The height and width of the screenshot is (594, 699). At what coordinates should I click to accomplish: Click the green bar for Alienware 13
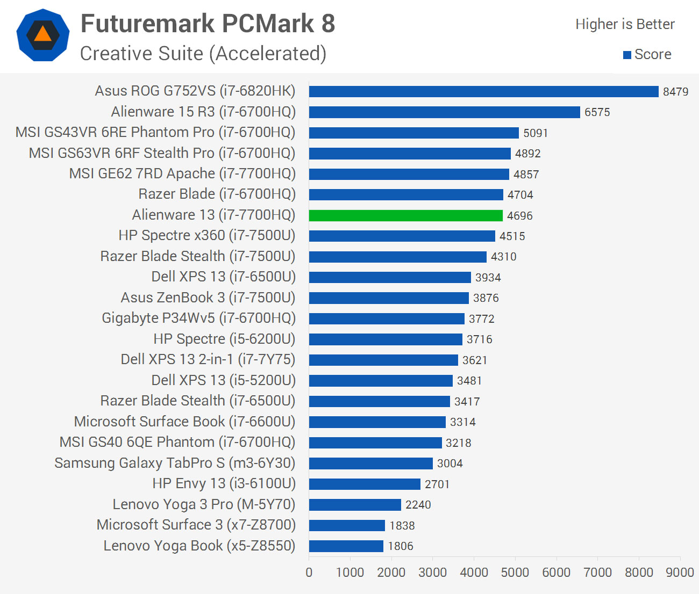(x=406, y=215)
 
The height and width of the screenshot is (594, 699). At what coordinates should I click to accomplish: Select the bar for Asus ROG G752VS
(x=483, y=91)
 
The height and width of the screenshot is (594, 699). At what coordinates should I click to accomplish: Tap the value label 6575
(x=597, y=112)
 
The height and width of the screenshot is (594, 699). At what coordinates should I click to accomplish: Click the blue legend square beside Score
(x=627, y=55)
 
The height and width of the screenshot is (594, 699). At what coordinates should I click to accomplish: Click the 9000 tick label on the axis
(x=680, y=573)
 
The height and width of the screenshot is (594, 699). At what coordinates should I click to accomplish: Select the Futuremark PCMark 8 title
(x=208, y=24)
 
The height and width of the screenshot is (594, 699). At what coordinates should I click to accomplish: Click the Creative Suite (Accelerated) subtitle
(x=203, y=54)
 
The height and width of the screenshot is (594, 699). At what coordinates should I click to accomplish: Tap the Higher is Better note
(x=625, y=24)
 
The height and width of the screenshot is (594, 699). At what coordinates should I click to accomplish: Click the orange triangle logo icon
(x=43, y=35)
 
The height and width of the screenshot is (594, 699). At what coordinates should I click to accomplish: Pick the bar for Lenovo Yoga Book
(x=346, y=546)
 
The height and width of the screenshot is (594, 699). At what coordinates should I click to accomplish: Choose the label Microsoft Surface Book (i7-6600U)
(x=184, y=422)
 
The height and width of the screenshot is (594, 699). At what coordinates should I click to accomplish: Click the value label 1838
(x=402, y=526)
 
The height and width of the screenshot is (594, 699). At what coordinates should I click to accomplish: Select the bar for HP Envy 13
(x=365, y=484)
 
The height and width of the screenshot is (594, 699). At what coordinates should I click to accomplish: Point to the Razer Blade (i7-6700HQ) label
(x=217, y=194)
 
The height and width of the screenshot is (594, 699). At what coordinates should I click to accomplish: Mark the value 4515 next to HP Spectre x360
(x=512, y=236)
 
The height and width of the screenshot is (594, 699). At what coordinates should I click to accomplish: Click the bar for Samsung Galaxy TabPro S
(x=371, y=463)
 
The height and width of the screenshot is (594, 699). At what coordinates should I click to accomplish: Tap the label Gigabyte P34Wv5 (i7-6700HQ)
(x=198, y=318)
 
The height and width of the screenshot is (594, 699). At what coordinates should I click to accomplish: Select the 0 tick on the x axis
(x=309, y=573)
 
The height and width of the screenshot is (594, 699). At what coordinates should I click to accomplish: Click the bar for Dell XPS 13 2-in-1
(x=383, y=360)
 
